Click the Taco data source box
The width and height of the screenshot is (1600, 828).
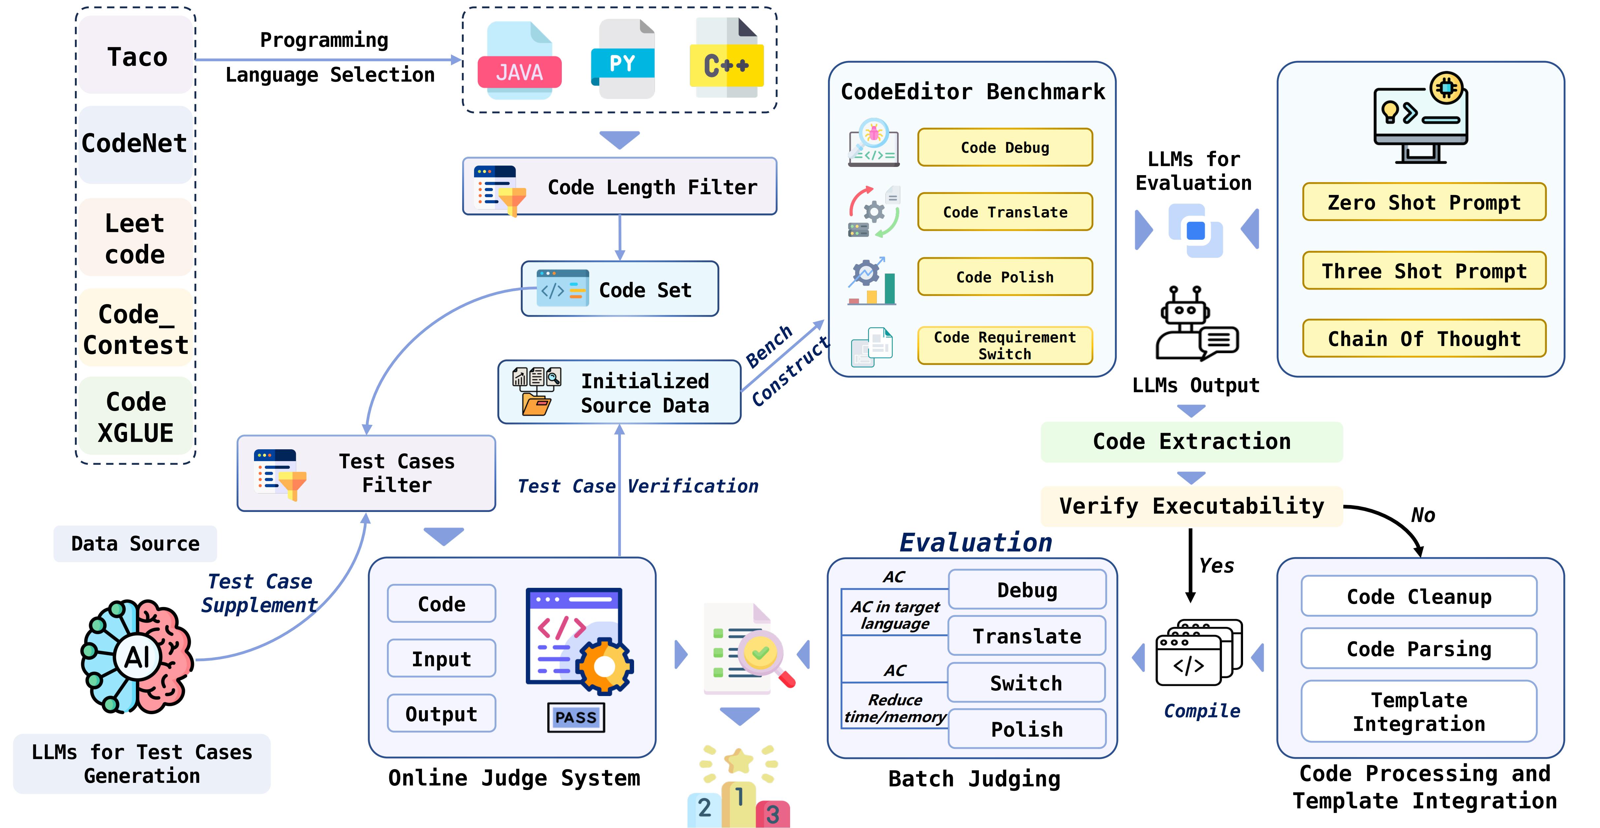pos(136,56)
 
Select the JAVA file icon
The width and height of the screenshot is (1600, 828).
pos(519,62)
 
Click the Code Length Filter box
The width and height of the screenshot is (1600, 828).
pos(619,186)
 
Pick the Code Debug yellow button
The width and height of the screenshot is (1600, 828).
pos(1004,147)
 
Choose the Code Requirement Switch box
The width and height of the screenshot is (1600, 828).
pos(1004,345)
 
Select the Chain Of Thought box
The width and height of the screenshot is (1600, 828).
pos(1424,338)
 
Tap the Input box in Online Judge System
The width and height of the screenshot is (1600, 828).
pos(441,658)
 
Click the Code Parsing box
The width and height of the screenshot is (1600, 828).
pos(1419,649)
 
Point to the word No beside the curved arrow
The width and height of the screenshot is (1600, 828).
pos(1423,515)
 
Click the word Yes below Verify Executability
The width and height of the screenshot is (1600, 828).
pos(1216,565)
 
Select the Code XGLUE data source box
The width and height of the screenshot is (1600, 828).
pos(136,417)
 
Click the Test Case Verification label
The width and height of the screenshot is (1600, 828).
pos(638,486)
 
